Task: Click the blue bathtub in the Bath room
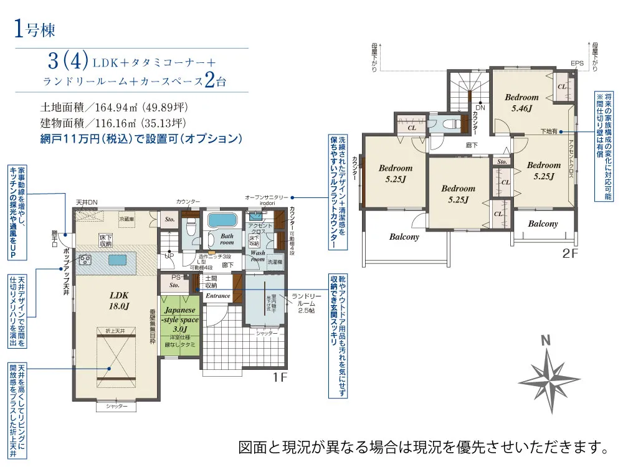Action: [221, 221]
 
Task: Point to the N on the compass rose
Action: [546, 341]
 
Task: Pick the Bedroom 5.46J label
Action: [521, 102]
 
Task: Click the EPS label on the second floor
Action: [578, 63]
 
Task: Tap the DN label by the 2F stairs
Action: [480, 107]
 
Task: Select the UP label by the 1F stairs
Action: [169, 255]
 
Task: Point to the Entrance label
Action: [218, 296]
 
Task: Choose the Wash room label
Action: [258, 257]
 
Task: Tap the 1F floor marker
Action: [279, 377]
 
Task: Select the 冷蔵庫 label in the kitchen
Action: [126, 219]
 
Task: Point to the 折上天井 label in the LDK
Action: [115, 331]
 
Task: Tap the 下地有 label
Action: [549, 131]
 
